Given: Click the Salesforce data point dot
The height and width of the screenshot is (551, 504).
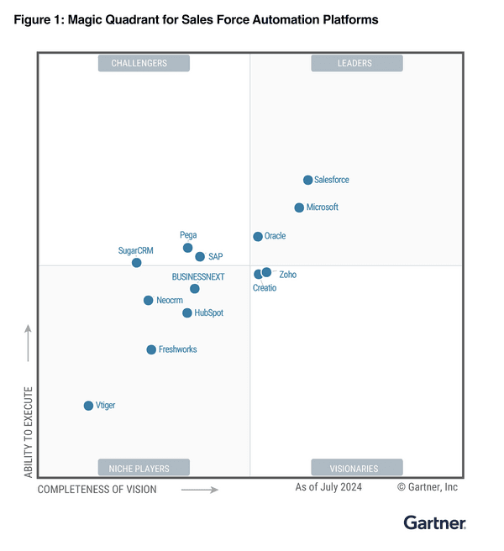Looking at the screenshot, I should [x=308, y=180].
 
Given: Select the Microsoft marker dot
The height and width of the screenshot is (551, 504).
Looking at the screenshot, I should [x=299, y=207].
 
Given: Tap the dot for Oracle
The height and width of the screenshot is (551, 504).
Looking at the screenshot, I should [x=258, y=237].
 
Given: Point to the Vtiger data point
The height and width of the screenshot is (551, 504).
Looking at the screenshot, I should [x=88, y=406].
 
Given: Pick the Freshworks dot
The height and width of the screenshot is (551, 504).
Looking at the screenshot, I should [x=151, y=349].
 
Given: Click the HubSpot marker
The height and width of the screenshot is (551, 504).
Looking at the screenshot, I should [x=187, y=313].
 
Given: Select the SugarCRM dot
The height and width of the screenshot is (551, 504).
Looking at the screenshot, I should [x=137, y=263].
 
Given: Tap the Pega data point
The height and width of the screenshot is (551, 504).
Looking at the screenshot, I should [x=188, y=248].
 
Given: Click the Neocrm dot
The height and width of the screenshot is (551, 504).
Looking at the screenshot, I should [x=149, y=300].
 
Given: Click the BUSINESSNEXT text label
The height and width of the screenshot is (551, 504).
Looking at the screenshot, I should [x=197, y=276].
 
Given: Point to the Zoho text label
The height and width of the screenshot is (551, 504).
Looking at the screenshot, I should [x=287, y=275].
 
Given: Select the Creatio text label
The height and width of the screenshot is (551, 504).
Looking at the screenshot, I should [x=265, y=288].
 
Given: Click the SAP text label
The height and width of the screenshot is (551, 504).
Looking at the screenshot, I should [x=216, y=257].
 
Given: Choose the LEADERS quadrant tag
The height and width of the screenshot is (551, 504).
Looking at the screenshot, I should [x=357, y=63].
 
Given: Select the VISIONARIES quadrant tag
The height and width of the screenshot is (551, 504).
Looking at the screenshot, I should [x=357, y=468].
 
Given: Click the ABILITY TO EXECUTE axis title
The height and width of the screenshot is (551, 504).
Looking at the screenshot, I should [x=29, y=433].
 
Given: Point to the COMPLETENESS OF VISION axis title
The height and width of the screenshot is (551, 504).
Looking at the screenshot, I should [x=97, y=490].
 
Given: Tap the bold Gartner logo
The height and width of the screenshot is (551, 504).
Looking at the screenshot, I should [x=434, y=523].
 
